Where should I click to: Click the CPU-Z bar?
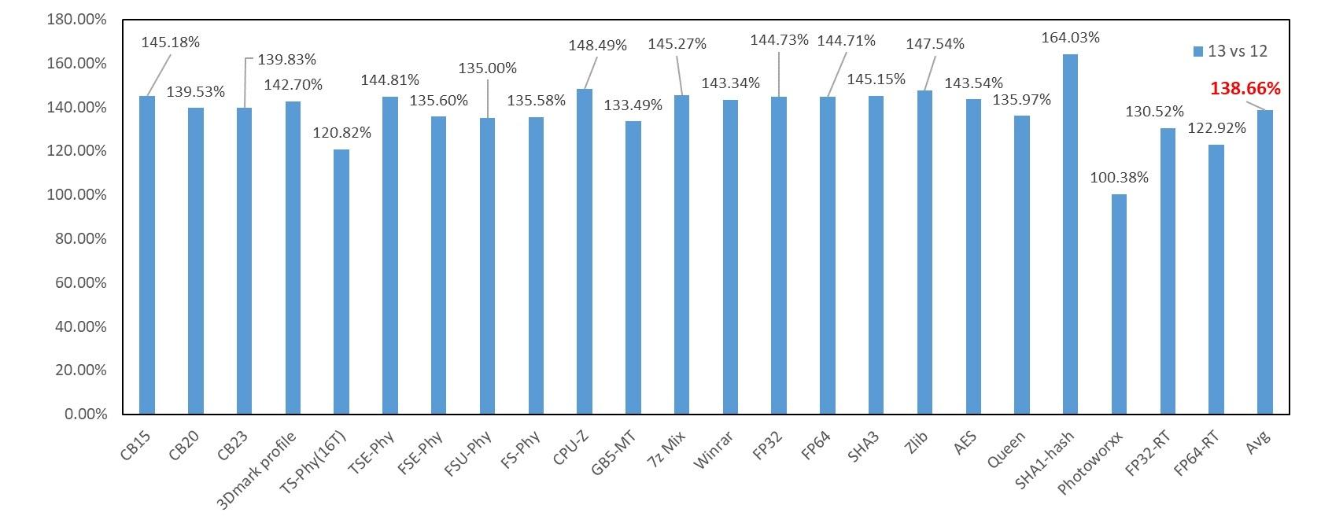pos(585,252)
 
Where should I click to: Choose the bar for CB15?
pos(147,255)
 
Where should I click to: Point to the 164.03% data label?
pos(1070,37)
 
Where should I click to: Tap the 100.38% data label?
pos(1119,178)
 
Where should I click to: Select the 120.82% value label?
pos(341,132)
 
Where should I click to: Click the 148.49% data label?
pos(598,46)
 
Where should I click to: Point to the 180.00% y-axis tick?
pos(76,20)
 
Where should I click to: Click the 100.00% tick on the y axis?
pos(76,195)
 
